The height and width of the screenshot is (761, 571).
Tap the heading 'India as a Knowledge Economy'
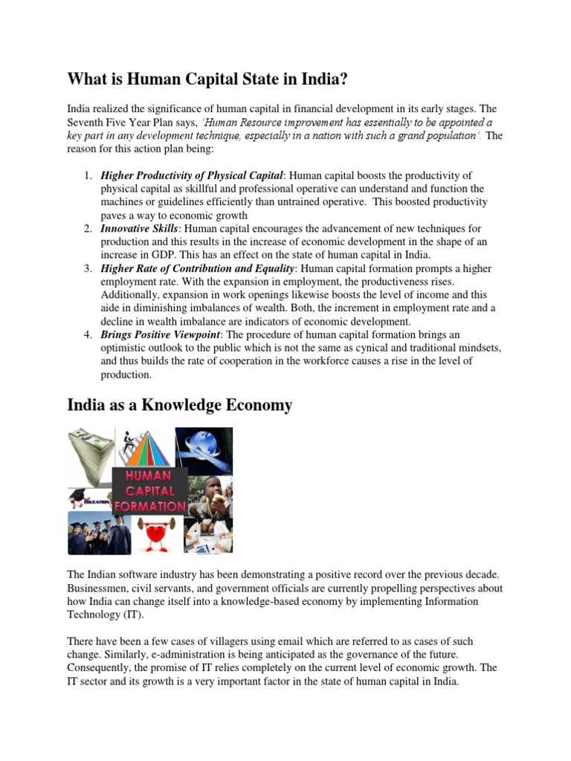(179, 405)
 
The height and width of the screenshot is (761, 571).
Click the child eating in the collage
(211, 493)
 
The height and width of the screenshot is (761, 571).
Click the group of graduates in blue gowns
(99, 534)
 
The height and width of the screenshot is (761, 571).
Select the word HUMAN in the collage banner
(149, 476)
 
